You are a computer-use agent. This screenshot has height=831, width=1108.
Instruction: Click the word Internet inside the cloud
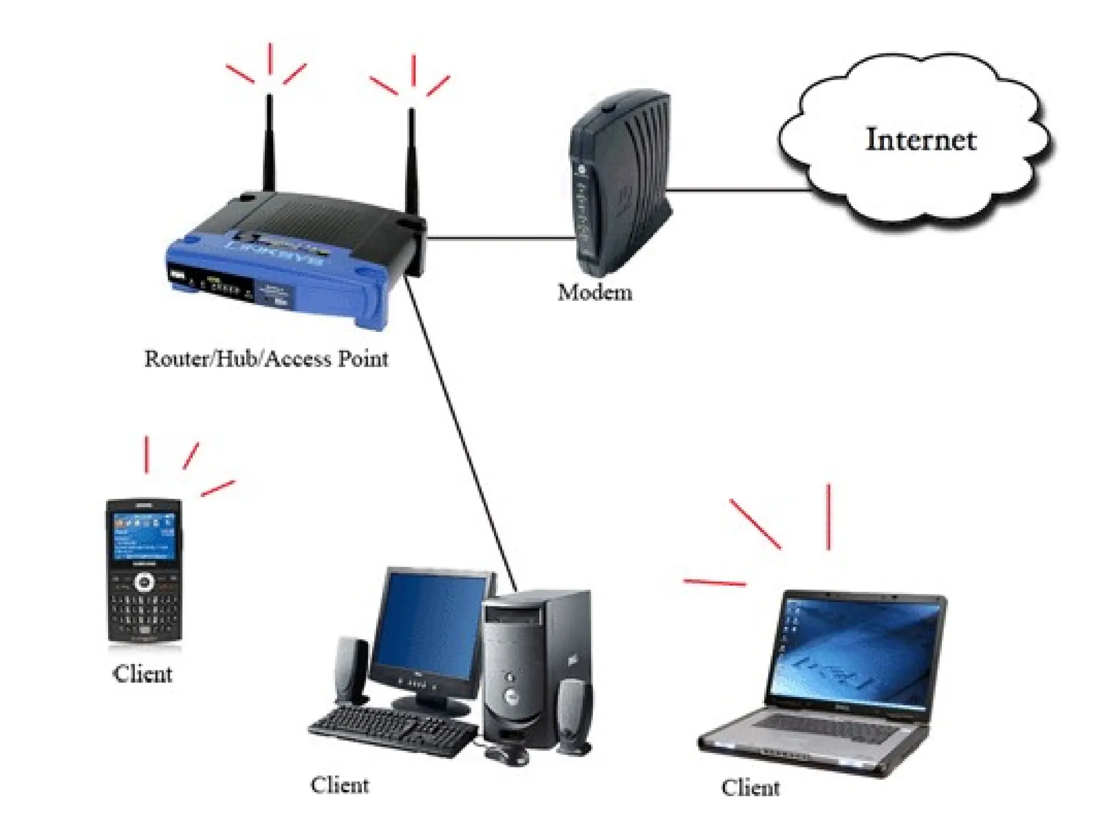click(921, 140)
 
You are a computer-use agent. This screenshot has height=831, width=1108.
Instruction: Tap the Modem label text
click(595, 293)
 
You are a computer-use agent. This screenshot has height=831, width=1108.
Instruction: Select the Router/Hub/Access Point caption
click(266, 359)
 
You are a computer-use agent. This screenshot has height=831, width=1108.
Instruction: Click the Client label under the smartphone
click(142, 674)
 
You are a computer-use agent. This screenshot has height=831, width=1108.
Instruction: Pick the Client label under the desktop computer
click(340, 785)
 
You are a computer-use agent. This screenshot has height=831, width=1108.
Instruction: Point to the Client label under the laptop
click(750, 788)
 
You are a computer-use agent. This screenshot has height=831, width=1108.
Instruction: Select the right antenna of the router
click(412, 157)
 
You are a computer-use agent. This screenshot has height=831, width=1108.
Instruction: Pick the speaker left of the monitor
click(352, 671)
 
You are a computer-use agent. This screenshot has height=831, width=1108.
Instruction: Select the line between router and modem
click(500, 238)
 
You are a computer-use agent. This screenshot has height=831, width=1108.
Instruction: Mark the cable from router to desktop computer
click(460, 433)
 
